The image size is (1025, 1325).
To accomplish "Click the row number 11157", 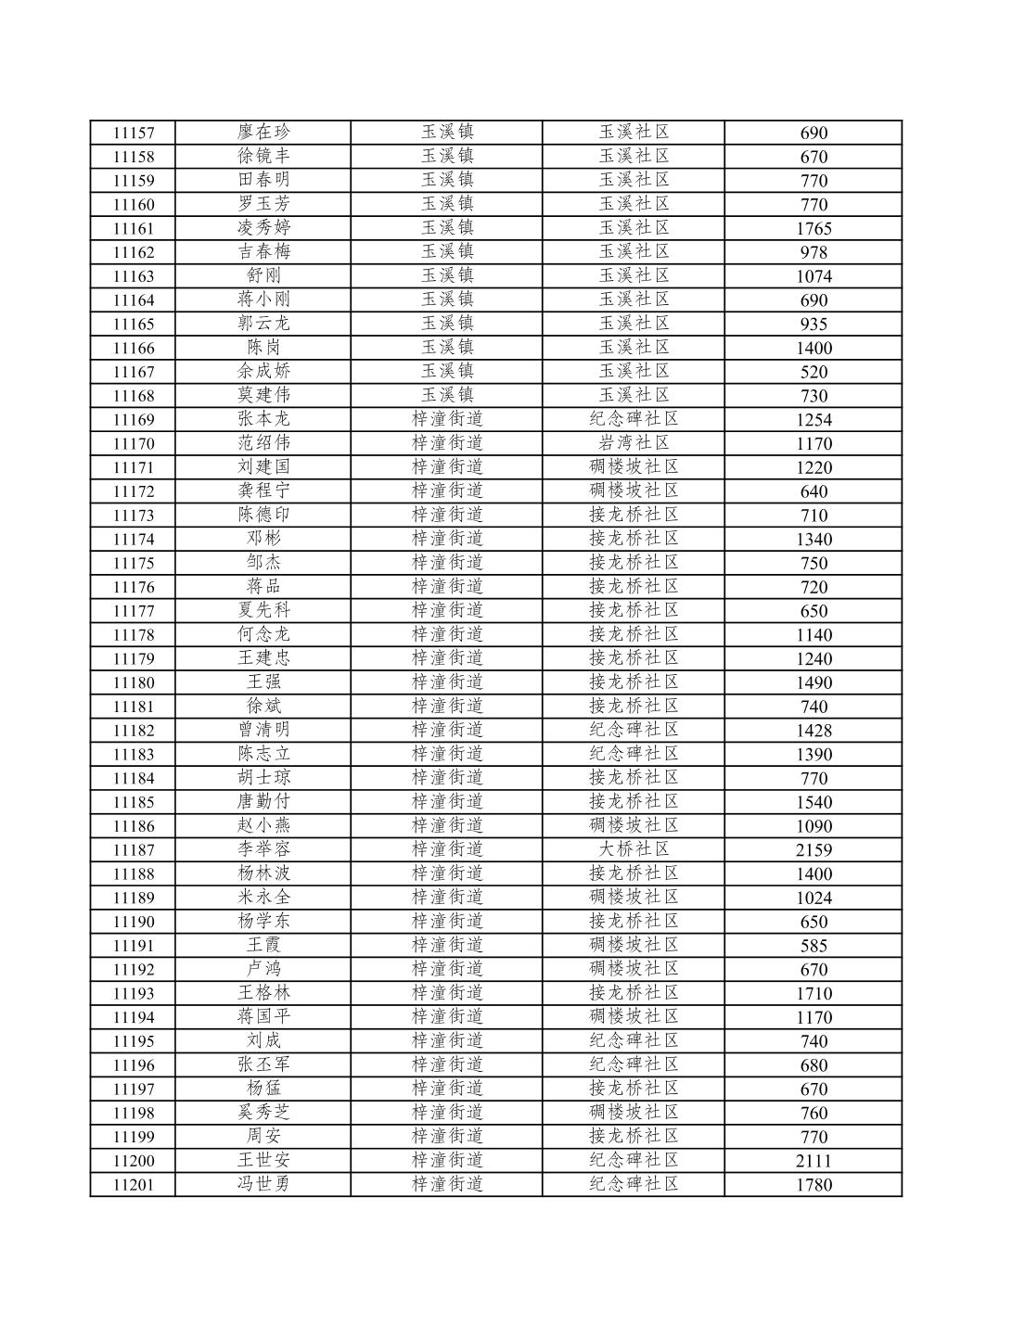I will [x=134, y=134].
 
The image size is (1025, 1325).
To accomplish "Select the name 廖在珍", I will [x=263, y=133].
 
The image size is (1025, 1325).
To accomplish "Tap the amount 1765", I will [x=814, y=229].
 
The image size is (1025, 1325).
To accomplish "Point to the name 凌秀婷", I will [x=263, y=228].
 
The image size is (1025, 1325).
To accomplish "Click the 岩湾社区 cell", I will [x=634, y=443].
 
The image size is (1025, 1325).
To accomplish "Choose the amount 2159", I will [x=814, y=850].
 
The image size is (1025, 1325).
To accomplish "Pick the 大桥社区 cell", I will [x=634, y=849].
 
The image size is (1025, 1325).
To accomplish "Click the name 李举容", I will [x=263, y=849].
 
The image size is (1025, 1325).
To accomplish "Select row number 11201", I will [x=134, y=1185].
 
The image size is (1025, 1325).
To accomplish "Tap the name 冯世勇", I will [x=263, y=1184].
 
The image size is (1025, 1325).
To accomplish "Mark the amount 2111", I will [x=814, y=1161].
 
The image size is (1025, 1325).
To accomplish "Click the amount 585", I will [x=814, y=946].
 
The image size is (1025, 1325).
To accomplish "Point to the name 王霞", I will [x=263, y=945].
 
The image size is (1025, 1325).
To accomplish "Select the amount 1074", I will [x=814, y=276].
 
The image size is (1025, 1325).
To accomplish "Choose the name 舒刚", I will [x=263, y=275].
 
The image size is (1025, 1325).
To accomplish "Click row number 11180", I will [x=134, y=683].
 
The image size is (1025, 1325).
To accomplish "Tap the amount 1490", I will [x=814, y=683].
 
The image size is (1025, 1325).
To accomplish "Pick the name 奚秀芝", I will [x=263, y=1113].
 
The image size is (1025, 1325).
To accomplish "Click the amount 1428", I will [x=814, y=731].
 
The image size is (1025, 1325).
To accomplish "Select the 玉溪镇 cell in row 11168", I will [x=447, y=395].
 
